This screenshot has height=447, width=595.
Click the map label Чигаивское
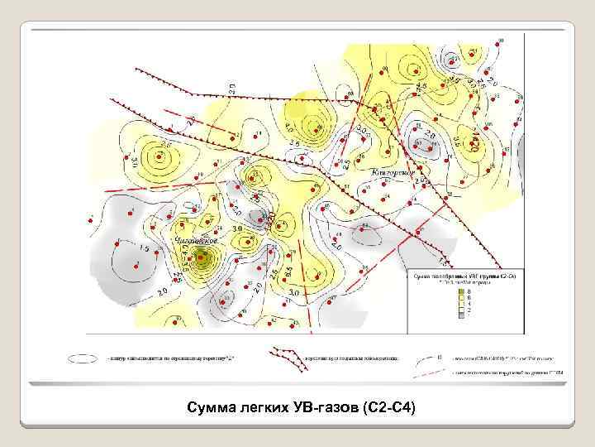[196, 240]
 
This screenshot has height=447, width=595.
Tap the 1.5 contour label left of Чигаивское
[144, 248]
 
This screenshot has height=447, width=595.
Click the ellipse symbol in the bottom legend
[81, 358]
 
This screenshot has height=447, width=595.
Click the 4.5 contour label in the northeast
[421, 86]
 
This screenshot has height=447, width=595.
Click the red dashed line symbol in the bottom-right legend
[438, 374]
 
